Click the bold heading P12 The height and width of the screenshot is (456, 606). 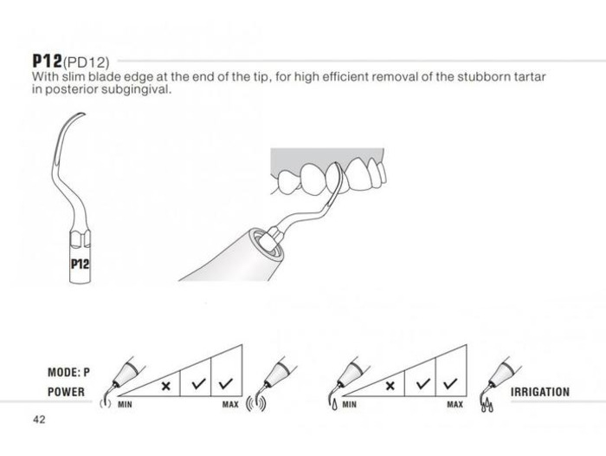click(x=47, y=61)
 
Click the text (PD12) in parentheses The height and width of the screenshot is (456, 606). click(x=86, y=62)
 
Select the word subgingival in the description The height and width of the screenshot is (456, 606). click(x=136, y=90)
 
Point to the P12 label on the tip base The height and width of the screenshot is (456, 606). click(x=80, y=264)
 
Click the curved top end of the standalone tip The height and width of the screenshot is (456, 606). click(x=83, y=114)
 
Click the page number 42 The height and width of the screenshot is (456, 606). click(x=39, y=420)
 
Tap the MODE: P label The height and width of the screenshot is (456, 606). click(x=68, y=373)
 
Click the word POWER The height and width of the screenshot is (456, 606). click(x=66, y=392)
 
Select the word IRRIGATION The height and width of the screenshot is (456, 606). click(x=540, y=392)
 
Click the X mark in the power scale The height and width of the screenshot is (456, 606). click(x=166, y=386)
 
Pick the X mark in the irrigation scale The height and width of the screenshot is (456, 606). click(x=390, y=386)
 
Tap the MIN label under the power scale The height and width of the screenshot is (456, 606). click(x=125, y=405)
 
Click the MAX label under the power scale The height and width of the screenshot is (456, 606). click(x=230, y=405)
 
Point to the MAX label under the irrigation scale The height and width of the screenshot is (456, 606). click(x=455, y=405)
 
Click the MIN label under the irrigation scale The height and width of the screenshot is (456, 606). click(x=350, y=405)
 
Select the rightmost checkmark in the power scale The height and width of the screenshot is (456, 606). click(x=226, y=383)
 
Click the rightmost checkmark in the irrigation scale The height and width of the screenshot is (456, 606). click(x=450, y=383)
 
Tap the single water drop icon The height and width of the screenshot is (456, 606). click(x=334, y=405)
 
